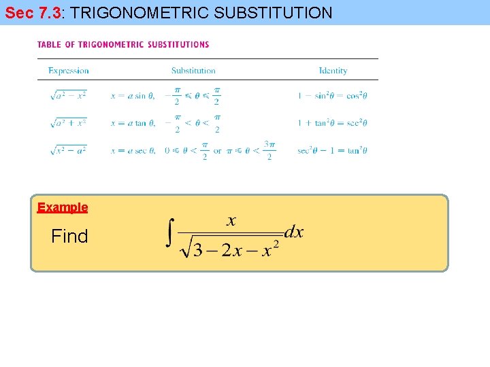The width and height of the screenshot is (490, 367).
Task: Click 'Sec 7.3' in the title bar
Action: pos(33,12)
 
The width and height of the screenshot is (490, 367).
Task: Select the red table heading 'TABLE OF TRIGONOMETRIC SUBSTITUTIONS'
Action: pos(123,45)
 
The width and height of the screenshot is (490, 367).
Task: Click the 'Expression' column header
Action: pos(68,71)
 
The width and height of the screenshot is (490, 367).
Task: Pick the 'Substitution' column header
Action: pos(193,71)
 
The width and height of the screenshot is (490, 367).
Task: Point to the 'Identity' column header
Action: pos(333,71)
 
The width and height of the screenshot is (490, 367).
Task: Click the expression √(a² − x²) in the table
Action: pos(68,96)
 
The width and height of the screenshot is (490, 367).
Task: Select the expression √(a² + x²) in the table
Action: pos(68,123)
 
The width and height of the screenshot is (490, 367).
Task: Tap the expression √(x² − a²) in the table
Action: pos(68,150)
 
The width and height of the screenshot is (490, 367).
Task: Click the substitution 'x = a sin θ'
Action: pos(132,97)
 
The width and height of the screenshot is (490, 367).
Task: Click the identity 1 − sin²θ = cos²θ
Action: pos(332,97)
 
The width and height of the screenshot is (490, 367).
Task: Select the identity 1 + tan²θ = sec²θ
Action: pos(332,124)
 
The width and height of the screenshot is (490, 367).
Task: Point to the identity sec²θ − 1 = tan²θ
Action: pos(332,151)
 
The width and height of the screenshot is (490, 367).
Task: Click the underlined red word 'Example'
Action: pos(63,207)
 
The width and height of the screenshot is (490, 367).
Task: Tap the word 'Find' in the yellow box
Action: pos(69,237)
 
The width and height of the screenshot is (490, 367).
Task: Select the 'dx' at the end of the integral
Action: pos(294,232)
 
